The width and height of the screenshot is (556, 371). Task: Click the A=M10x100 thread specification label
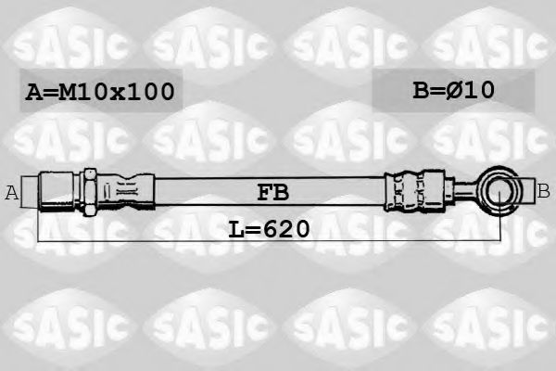click(98, 91)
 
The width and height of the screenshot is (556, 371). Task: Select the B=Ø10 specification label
click(453, 90)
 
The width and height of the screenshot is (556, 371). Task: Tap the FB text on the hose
click(273, 193)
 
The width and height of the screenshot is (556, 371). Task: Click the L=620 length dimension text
click(268, 227)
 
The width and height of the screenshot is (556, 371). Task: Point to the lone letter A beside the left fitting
click(12, 193)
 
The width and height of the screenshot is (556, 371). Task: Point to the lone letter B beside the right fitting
click(544, 192)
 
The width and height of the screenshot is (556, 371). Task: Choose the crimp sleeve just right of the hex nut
click(125, 192)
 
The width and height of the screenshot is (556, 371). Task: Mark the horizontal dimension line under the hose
click(278, 240)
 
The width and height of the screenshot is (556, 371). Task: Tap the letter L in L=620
click(234, 227)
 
